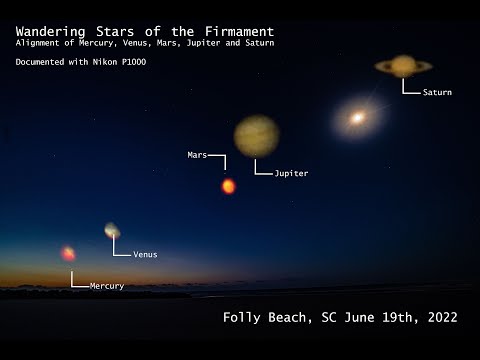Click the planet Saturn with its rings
403,66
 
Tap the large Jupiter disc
257,136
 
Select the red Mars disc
228,186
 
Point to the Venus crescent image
112,231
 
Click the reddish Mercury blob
68,254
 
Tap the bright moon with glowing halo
357,117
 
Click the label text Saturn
437,92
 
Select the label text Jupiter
291,173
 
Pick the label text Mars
197,155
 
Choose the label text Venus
145,254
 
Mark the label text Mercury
107,286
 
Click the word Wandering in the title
51,31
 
